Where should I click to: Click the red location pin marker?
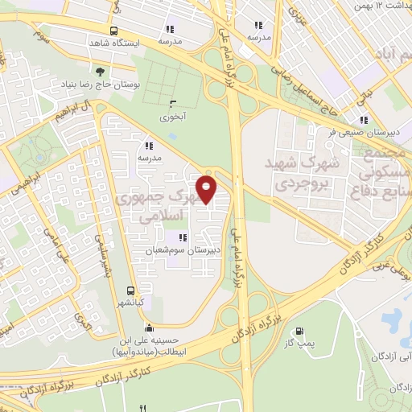pos(208,190)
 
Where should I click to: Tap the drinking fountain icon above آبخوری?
pos(171,103)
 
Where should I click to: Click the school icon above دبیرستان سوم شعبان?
pos(182,237)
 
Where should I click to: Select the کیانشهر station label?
pos(130,303)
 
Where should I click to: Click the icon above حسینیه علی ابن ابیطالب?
pos(148,328)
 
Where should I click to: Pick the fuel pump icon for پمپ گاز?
pos(299,330)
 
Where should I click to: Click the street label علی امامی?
pos(62,249)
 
